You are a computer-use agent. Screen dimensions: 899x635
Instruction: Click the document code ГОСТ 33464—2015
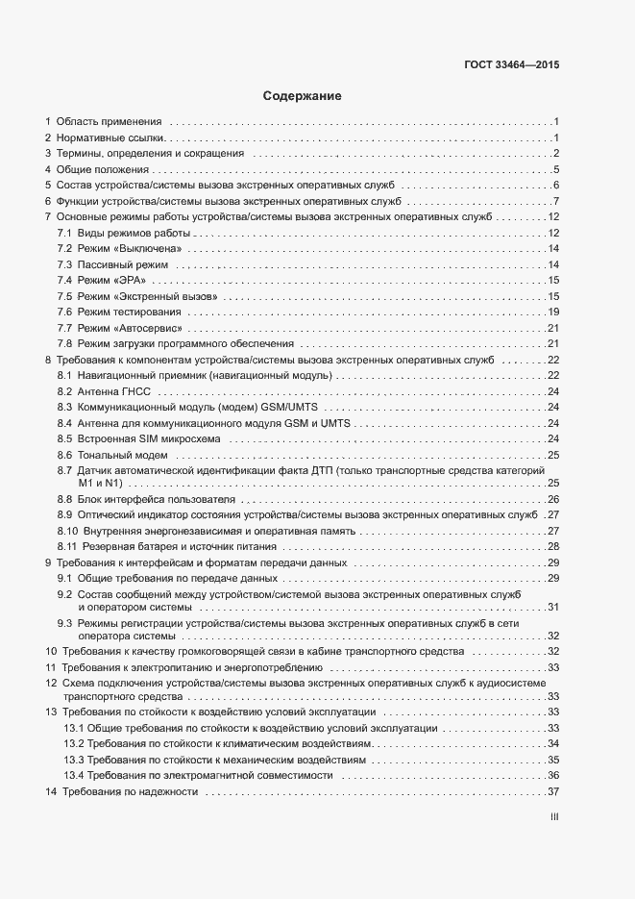(510, 66)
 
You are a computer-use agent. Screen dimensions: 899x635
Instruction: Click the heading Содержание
(303, 96)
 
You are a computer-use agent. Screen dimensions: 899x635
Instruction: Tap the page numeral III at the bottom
(553, 818)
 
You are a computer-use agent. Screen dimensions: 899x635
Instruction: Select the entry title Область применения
(109, 122)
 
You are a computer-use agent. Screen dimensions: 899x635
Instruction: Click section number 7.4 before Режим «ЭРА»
(65, 280)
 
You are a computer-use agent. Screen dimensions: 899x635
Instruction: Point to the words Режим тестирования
(129, 312)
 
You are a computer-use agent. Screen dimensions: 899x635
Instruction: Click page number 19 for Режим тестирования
(553, 312)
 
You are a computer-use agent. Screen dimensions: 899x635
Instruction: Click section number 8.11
(67, 546)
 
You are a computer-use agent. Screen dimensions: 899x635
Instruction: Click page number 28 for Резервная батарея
(553, 546)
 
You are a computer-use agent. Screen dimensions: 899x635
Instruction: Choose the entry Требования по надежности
(130, 791)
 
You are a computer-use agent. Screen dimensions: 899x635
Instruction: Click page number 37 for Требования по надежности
(553, 791)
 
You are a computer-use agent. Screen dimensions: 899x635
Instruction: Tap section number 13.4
(75, 775)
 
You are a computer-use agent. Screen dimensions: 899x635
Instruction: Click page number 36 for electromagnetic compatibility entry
(553, 775)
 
